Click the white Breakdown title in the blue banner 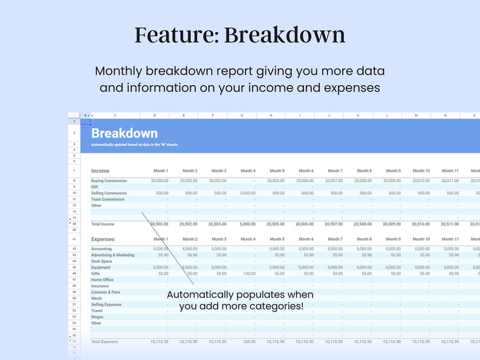pos(124,133)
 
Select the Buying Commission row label pos(109,181)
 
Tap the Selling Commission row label pos(109,193)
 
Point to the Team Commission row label pos(108,199)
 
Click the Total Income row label pos(103,224)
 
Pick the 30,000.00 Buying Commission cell pos(160,181)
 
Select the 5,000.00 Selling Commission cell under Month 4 pos(246,193)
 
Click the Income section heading pos(100,171)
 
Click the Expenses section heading pos(103,239)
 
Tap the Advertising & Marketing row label pos(112,255)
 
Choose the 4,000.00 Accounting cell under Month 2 pos(189,249)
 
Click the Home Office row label pos(102,280)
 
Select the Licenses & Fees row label pos(105,292)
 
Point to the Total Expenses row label pos(105,342)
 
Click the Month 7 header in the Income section pos(334,171)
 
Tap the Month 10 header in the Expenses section pos(421,239)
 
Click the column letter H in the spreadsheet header pos(271,115)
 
